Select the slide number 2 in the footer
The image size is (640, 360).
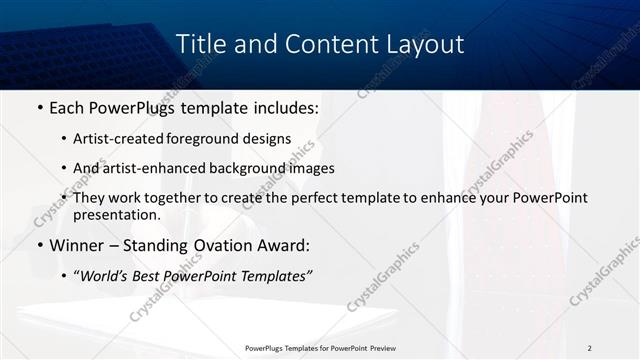tap(590, 348)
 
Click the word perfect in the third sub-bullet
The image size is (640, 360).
tap(304, 198)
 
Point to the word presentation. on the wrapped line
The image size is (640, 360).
tap(116, 214)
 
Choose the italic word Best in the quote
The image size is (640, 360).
tap(150, 276)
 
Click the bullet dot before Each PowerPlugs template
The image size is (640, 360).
tap(39, 108)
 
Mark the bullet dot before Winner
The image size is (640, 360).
tap(39, 245)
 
